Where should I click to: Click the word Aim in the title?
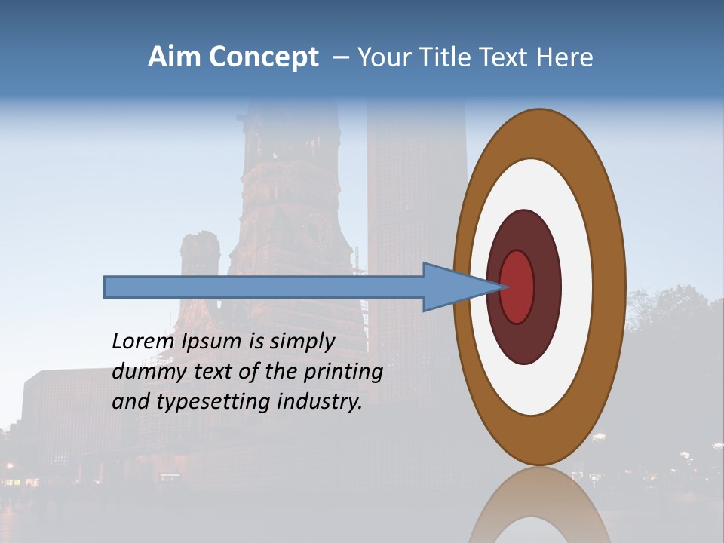[x=173, y=57]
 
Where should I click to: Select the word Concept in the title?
[x=263, y=58]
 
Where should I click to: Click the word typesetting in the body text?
[x=213, y=403]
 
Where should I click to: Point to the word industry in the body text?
[x=320, y=402]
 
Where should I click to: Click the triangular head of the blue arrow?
[x=452, y=287]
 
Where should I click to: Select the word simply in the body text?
[x=302, y=342]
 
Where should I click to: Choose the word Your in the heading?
[x=382, y=57]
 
